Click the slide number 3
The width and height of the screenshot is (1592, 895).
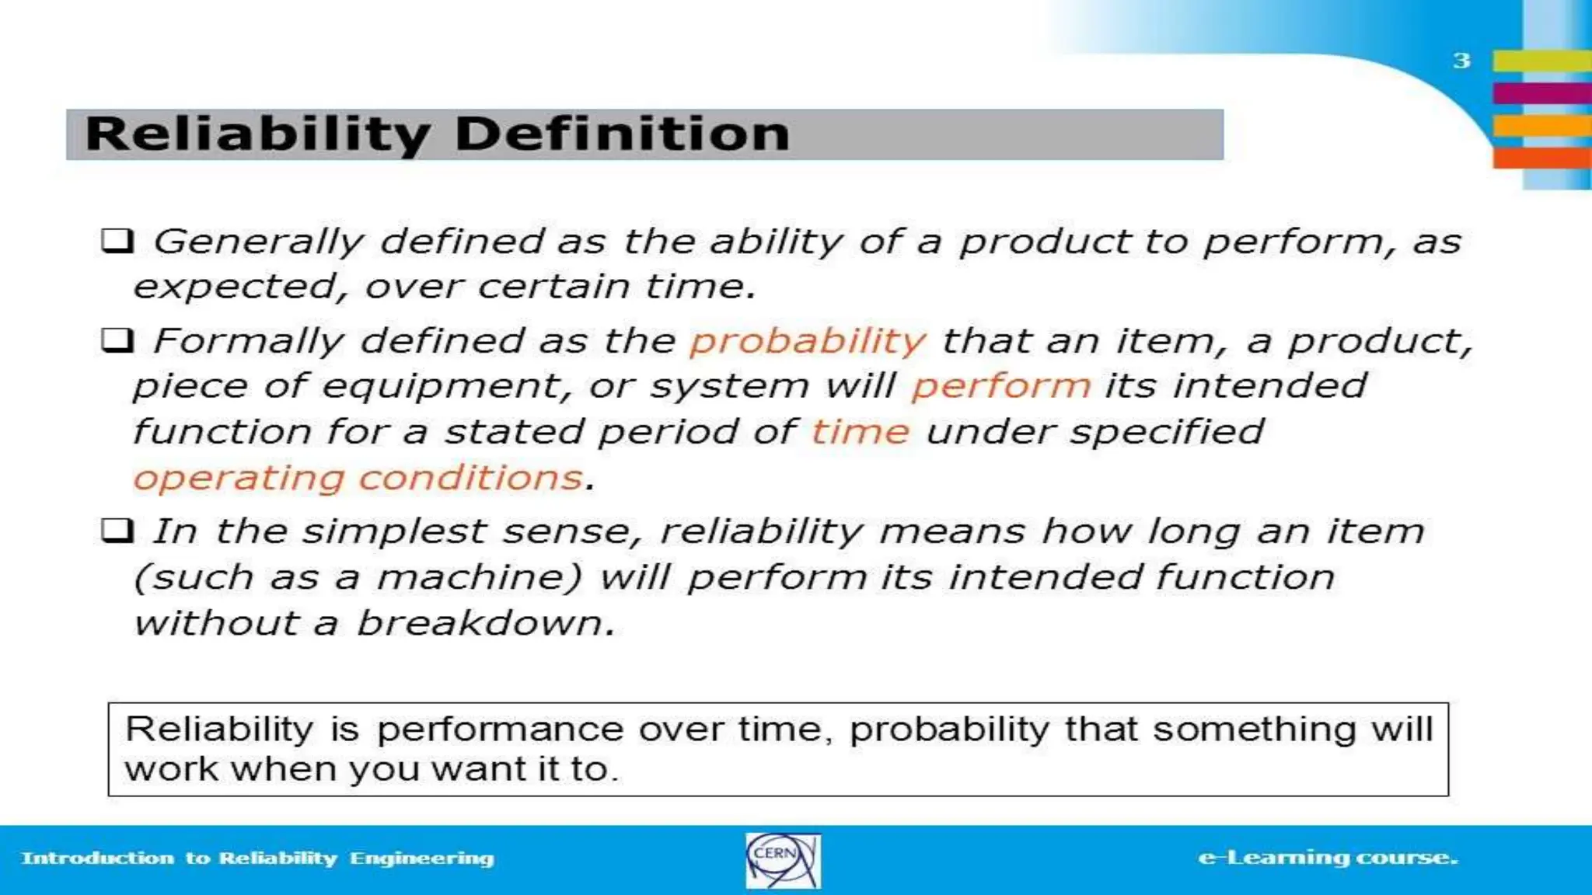tap(1461, 61)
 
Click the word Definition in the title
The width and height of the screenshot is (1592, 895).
tap(622, 134)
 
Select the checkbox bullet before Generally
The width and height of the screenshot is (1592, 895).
tap(117, 241)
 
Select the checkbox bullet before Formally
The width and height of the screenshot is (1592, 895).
tap(117, 340)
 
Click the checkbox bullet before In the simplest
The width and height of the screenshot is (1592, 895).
tap(117, 531)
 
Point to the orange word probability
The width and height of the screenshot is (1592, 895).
tap(808, 342)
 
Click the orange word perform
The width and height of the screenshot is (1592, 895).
tap(1001, 387)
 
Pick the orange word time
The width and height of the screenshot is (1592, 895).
tap(860, 432)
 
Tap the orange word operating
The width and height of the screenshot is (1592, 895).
tap(239, 479)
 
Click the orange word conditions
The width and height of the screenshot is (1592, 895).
tap(471, 477)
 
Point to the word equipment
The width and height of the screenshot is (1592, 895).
tap(442, 387)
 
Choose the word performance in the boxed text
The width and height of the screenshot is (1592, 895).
tap(500, 730)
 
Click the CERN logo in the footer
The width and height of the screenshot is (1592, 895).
tap(782, 860)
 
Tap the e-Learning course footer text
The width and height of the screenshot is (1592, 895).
tap(1328, 858)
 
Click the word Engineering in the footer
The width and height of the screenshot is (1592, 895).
tap(421, 858)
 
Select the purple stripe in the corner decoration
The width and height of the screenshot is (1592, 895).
tap(1541, 93)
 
